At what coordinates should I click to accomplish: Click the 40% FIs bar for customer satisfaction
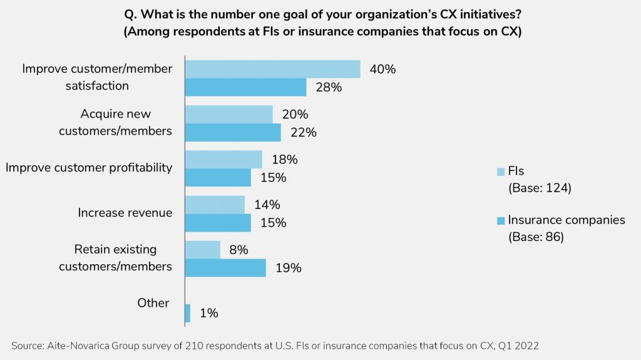272,69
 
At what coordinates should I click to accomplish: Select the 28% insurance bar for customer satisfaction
245,87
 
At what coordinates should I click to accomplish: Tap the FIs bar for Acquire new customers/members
228,114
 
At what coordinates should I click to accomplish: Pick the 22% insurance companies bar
233,132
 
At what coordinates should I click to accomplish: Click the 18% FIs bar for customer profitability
223,159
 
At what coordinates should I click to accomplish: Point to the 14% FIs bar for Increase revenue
215,204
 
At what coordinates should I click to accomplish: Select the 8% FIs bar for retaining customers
203,249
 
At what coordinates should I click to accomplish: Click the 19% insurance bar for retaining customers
225,267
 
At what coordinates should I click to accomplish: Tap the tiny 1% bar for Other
188,313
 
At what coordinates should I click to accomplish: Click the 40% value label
382,69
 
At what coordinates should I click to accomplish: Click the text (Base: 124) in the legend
540,187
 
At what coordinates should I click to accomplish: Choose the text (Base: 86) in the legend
536,237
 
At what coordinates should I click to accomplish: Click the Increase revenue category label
125,213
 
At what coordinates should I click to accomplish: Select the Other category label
153,303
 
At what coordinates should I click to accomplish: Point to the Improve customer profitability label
88,168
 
